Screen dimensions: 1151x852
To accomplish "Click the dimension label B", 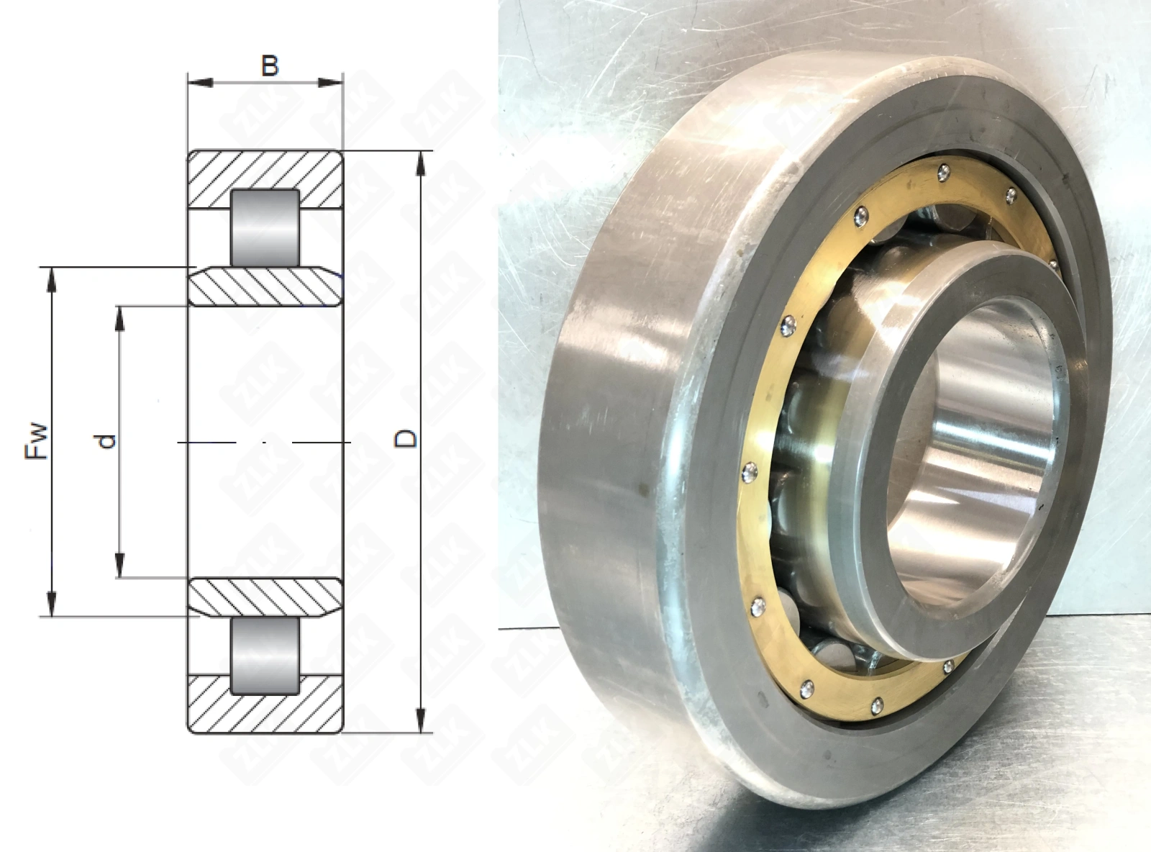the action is pos(270,66).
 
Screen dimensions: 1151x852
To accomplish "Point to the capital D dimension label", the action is pos(405,438).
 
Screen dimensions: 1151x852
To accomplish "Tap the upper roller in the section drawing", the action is pos(265,228).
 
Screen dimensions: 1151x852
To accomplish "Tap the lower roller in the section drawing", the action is pos(265,656).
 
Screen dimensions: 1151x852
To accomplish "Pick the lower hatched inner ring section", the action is pos(265,597).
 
